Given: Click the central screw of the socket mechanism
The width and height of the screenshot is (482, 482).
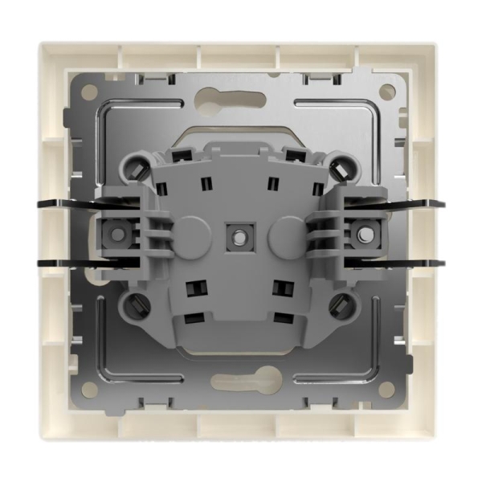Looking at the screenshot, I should point(239,236).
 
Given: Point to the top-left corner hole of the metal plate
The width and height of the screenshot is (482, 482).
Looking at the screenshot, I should point(88,93).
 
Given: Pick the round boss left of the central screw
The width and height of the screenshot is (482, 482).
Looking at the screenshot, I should point(193,235).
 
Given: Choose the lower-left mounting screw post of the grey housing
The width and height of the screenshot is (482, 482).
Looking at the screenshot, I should point(137,304).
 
